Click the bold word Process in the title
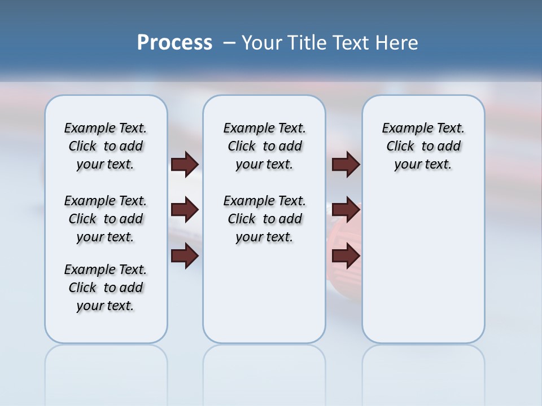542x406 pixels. [174, 43]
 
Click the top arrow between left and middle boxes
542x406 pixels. [185, 165]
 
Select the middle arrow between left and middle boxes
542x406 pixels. [185, 210]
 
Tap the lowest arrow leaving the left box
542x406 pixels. [185, 256]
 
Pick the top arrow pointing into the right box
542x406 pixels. [346, 165]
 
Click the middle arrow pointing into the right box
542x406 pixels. [346, 210]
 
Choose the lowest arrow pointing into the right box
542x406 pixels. [346, 256]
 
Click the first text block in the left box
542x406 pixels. [106, 146]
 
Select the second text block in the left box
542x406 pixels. [106, 219]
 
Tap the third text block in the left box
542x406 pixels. [106, 288]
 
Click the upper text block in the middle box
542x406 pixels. [264, 146]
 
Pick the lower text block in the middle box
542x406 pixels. [264, 219]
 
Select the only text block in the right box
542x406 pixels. [423, 146]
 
